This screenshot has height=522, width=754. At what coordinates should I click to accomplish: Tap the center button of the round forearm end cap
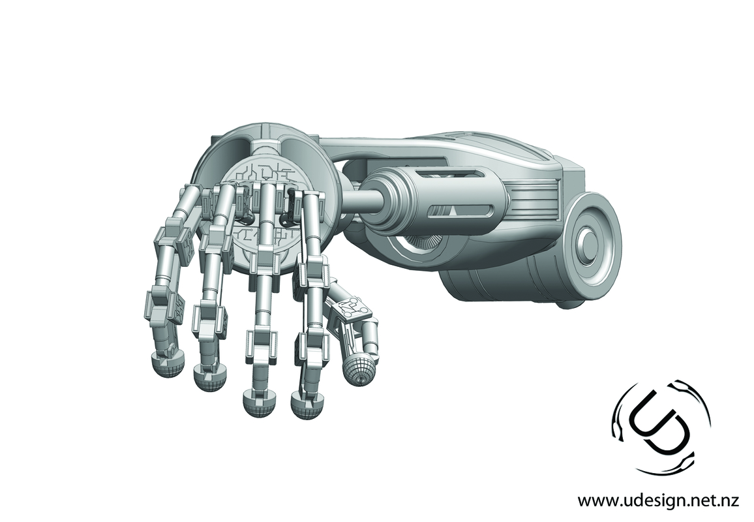(x=588, y=245)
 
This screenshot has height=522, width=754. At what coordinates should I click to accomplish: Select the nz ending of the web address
(x=729, y=501)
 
